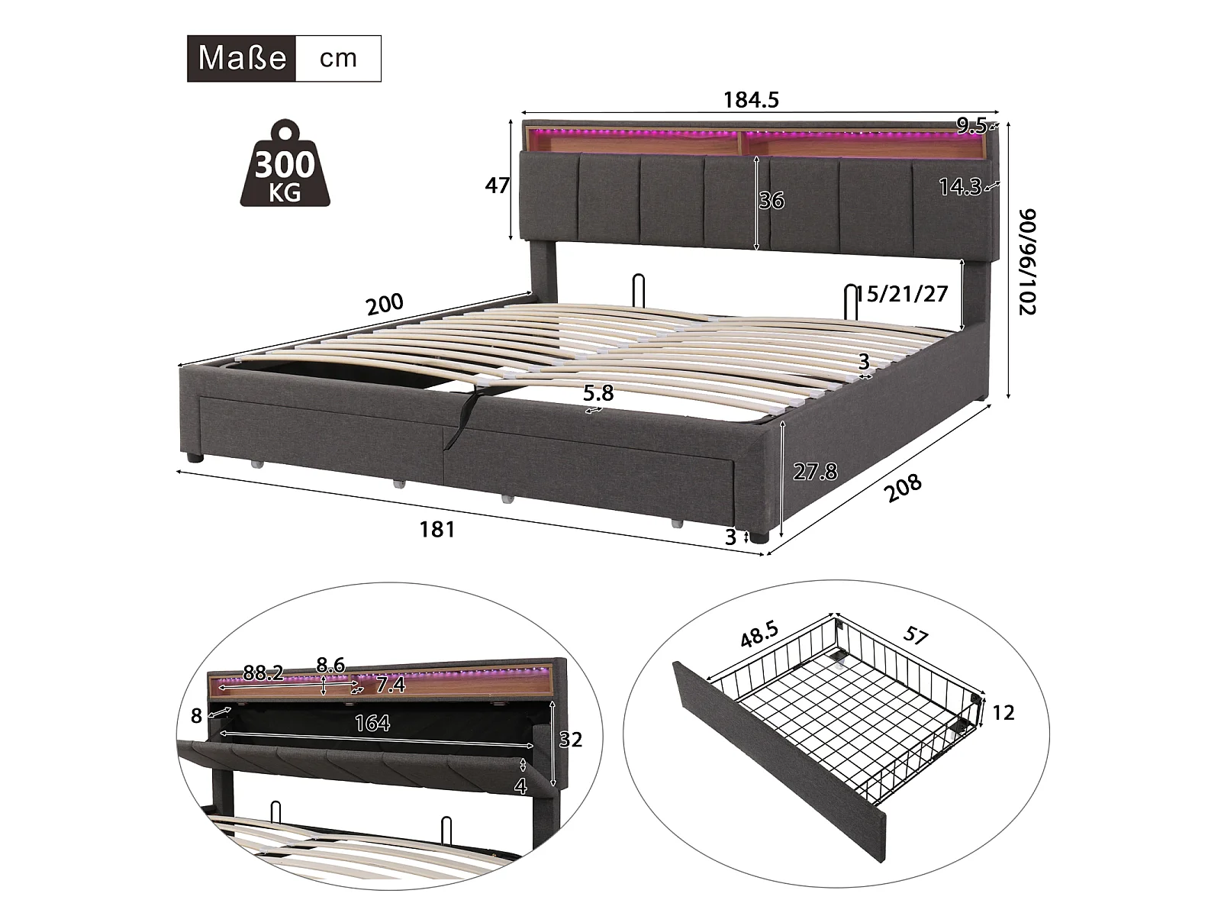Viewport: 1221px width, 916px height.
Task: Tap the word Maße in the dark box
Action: click(x=241, y=58)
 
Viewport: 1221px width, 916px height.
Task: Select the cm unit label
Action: click(x=338, y=58)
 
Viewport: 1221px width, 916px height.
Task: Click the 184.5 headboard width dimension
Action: click(x=751, y=100)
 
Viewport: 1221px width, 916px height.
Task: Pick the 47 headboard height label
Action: click(x=498, y=185)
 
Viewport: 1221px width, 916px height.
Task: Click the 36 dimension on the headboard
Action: click(x=772, y=200)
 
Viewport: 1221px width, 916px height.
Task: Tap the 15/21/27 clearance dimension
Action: click(x=902, y=294)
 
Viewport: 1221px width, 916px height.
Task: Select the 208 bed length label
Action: click(x=904, y=488)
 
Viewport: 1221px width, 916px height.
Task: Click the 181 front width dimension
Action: click(x=437, y=529)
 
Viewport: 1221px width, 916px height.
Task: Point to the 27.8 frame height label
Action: click(x=814, y=472)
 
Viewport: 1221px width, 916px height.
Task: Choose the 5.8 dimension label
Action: click(x=598, y=392)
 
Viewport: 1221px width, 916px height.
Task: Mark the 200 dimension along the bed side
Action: click(x=385, y=304)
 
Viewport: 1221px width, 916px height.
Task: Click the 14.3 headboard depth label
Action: click(x=959, y=187)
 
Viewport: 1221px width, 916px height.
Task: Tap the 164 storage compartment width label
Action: click(x=372, y=722)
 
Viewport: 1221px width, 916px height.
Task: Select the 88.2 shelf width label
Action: click(x=263, y=672)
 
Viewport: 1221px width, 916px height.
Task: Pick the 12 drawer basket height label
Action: click(x=1004, y=712)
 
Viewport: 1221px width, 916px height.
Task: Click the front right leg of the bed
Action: click(x=757, y=535)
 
